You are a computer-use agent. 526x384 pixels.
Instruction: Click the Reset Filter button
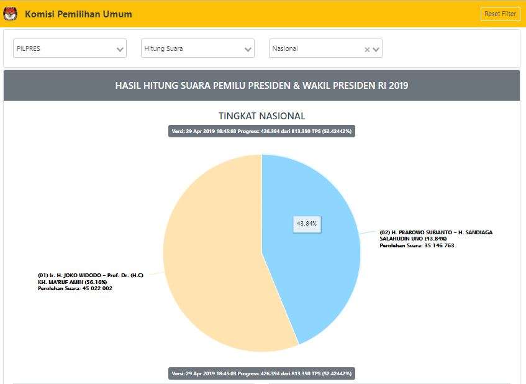coord(500,14)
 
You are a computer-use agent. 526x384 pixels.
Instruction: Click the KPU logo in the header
coord(11,14)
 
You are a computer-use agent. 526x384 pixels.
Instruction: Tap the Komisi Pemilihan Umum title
coord(78,14)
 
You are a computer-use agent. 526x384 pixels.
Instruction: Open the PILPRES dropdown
coord(70,48)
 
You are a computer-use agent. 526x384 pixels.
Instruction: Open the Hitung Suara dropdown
coord(197,48)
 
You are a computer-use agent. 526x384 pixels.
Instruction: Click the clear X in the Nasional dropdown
coord(367,49)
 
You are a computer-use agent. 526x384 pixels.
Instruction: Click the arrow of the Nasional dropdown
coord(376,49)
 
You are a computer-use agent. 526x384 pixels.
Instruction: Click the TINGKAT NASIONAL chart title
coord(261,116)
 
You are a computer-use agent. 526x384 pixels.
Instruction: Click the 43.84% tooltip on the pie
coord(307,223)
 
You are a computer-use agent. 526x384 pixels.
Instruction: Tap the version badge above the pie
coord(261,131)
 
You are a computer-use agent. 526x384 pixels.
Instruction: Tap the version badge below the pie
coord(261,373)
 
